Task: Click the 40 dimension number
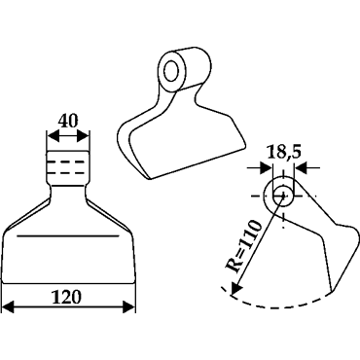point(68,121)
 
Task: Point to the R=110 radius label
point(243,247)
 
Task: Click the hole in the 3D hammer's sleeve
point(170,71)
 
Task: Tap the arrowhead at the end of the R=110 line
point(234,289)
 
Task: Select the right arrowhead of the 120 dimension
point(128,306)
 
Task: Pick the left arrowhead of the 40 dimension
point(53,136)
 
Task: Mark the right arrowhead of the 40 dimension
point(83,136)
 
